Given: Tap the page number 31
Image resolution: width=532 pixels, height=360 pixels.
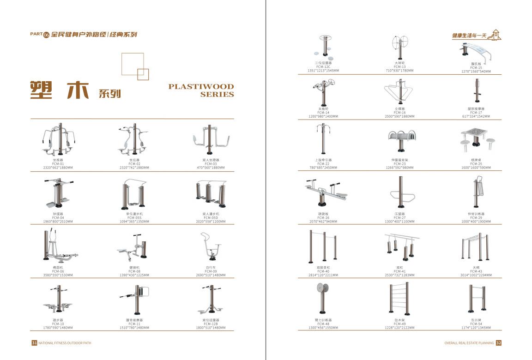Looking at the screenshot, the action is [34, 343].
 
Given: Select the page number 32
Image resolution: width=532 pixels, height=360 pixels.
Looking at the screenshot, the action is [498, 343].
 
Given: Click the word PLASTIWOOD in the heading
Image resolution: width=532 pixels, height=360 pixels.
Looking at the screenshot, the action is [201, 86].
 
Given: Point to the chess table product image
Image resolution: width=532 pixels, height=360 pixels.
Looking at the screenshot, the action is [477, 141].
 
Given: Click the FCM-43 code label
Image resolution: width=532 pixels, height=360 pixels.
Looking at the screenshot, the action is [476, 271].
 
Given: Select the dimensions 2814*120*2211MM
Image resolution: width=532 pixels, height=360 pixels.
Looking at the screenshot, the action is [323, 275].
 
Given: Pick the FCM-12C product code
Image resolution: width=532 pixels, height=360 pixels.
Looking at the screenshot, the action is [323, 67].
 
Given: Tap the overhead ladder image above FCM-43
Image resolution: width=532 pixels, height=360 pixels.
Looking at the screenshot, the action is [475, 247].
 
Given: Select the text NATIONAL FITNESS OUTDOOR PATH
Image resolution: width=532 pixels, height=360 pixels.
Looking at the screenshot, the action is [65, 343].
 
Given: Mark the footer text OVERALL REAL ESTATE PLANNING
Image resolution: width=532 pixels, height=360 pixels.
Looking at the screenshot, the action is [469, 343].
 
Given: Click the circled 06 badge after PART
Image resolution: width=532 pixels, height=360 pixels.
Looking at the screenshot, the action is [46, 35].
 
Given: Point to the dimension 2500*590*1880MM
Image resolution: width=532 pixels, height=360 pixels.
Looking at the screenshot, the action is [400, 116].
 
